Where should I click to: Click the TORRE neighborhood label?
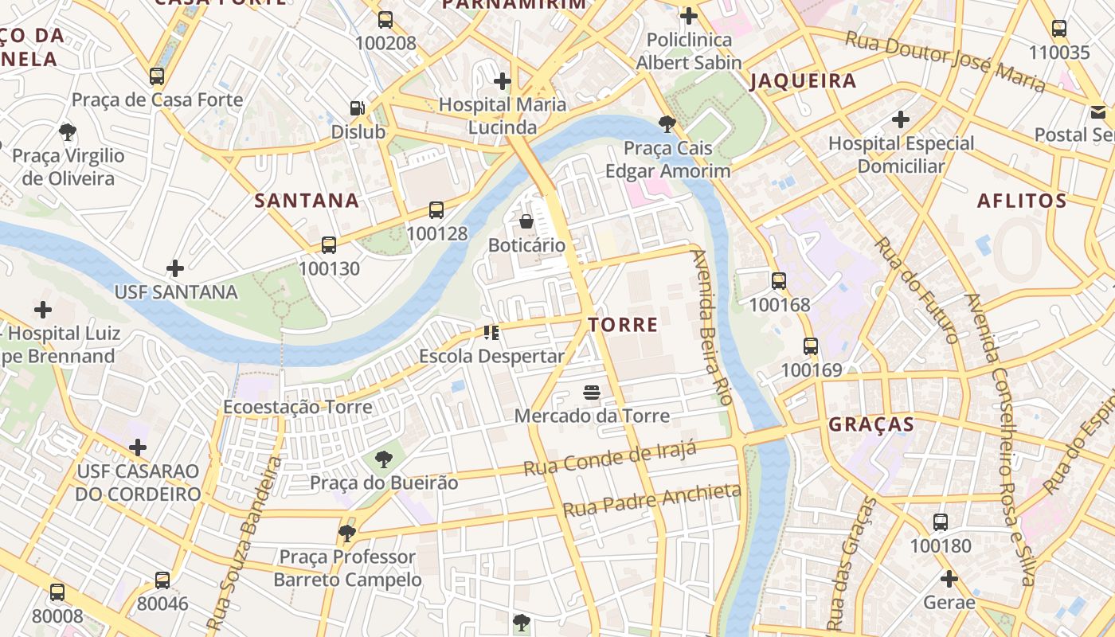pyautogui.click(x=623, y=325)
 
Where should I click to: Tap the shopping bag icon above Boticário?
pyautogui.click(x=526, y=221)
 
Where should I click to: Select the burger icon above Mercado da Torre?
pyautogui.click(x=591, y=392)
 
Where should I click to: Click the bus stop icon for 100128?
pyautogui.click(x=436, y=210)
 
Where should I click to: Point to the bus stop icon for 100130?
pyautogui.click(x=329, y=245)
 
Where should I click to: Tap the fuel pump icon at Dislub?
pyautogui.click(x=358, y=108)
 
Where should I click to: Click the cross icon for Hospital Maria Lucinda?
pyautogui.click(x=503, y=80)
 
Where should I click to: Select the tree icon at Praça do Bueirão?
pyautogui.click(x=384, y=459)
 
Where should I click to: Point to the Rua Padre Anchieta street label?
pyautogui.click(x=651, y=499)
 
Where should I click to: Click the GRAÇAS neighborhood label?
pyautogui.click(x=871, y=424)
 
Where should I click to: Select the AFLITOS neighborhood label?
pyautogui.click(x=1022, y=201)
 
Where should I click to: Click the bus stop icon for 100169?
pyautogui.click(x=811, y=346)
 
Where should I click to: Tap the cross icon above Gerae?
pyautogui.click(x=949, y=579)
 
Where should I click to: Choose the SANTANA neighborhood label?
pyautogui.click(x=307, y=201)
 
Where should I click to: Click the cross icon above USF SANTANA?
pyautogui.click(x=175, y=269)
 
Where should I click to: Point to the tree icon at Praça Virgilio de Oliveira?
pyautogui.click(x=68, y=131)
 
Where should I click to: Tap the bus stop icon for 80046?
pyautogui.click(x=162, y=580)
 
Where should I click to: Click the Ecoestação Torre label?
pyautogui.click(x=297, y=407)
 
